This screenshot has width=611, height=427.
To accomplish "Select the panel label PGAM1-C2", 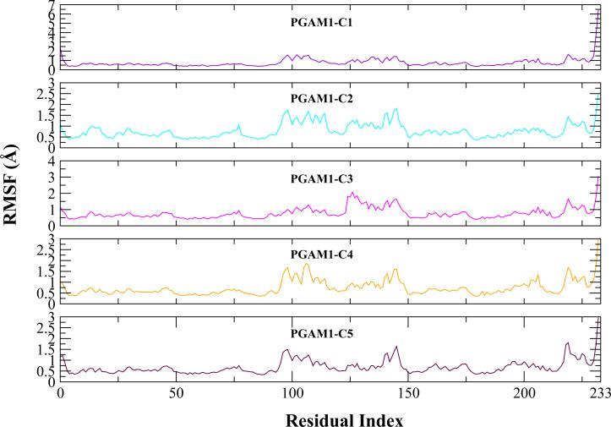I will tap(316, 99).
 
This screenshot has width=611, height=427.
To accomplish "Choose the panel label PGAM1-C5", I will tap(316, 333).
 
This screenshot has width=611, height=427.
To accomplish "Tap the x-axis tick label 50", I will tap(176, 394).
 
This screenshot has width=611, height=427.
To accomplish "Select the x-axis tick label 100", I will tap(292, 394).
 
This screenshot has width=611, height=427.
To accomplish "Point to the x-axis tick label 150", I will tap(407, 394).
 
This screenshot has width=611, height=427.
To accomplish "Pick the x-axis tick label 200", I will tap(523, 394).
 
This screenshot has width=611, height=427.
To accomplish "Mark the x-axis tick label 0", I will tap(60, 394).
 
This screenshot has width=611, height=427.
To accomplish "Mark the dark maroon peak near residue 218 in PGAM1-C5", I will tap(567, 343).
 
